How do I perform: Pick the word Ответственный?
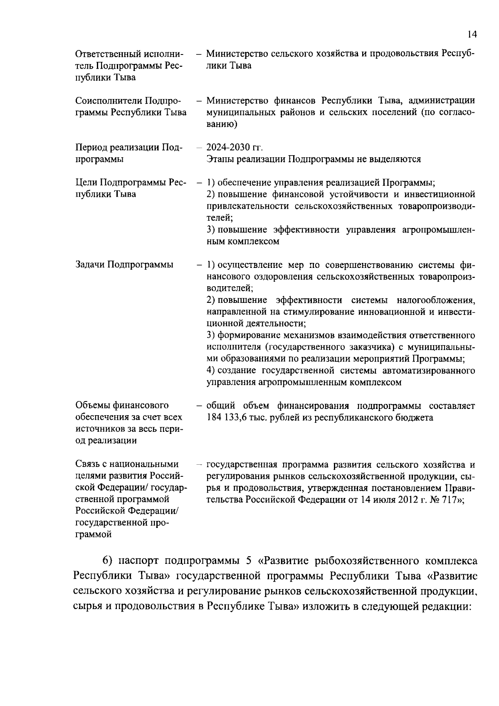coord(109,54)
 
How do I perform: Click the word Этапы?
coord(220,159)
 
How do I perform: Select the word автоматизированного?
coord(429,371)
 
